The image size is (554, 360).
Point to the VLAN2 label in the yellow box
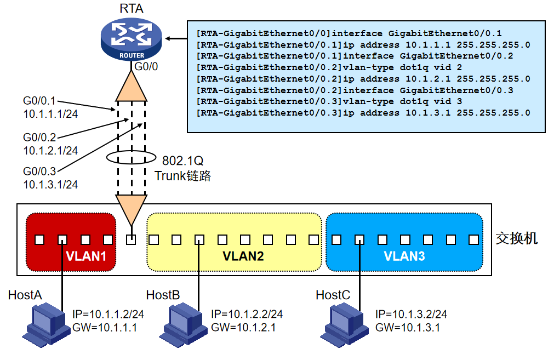pos(243,256)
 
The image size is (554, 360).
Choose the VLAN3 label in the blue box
pos(404,256)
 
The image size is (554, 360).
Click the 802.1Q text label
pos(182,161)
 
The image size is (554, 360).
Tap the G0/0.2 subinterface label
pos(39,138)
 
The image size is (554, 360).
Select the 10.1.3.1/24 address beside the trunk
pos(50,185)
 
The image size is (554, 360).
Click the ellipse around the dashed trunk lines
pos(131,158)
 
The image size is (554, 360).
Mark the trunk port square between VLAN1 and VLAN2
pos(131,239)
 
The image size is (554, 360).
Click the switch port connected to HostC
pos(359,239)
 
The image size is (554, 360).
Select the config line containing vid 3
pos(329,102)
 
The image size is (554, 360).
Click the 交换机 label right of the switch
pos(516,238)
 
